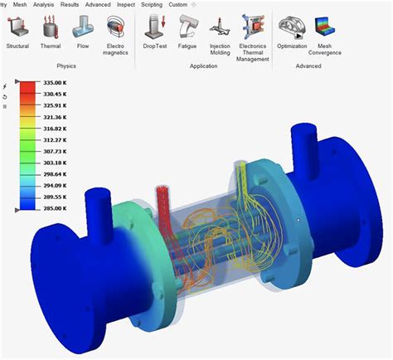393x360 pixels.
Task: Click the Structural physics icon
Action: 17,27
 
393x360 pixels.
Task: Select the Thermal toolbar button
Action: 51,27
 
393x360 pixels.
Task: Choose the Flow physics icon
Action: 84,27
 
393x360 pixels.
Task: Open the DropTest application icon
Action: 155,27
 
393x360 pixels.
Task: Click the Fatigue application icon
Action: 190,27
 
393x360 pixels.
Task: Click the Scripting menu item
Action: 152,4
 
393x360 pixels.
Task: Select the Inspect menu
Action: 125,4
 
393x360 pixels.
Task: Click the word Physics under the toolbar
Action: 66,65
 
